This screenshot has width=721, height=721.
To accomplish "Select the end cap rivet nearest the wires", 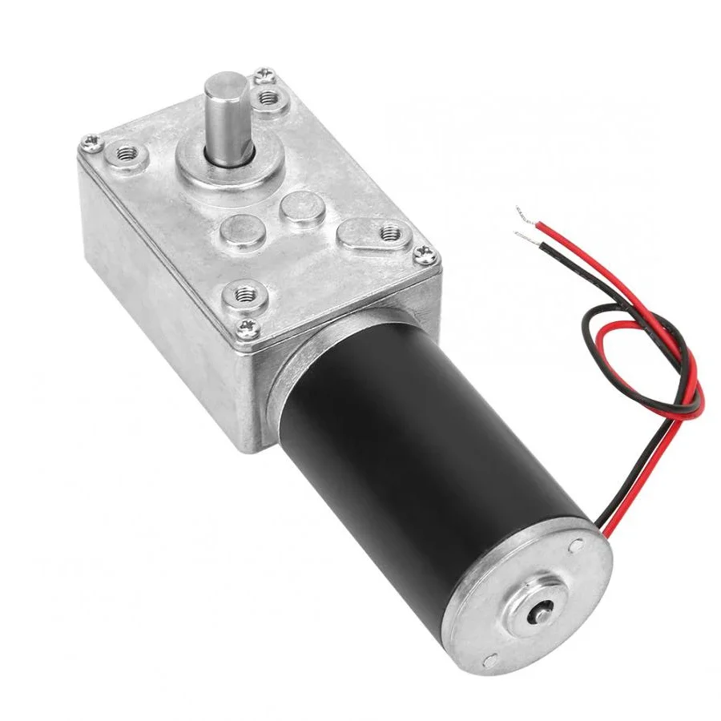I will click(574, 547).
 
